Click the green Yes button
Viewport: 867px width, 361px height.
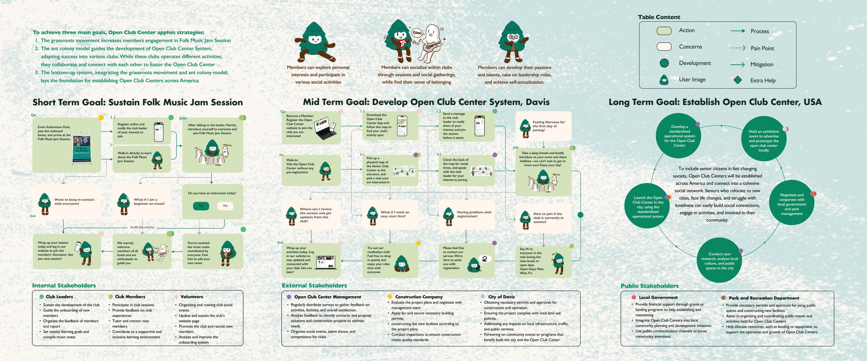pos(201,206)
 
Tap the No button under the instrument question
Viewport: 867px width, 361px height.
pos(225,206)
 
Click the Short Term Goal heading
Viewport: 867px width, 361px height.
pos(138,102)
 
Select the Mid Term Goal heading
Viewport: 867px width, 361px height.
pos(426,102)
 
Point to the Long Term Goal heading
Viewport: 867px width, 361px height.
pos(715,102)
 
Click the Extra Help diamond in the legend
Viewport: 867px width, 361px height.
pos(738,80)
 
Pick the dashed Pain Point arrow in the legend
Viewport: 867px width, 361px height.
pos(738,48)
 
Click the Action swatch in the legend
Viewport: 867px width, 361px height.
pos(664,31)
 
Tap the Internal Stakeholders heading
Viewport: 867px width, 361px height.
pos(64,285)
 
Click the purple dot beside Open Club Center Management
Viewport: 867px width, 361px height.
pos(289,297)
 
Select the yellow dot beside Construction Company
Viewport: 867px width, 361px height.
pos(390,296)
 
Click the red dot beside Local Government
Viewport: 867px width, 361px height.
pos(634,297)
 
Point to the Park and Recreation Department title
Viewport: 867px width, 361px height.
pos(764,298)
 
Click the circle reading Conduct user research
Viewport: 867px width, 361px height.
pos(719,260)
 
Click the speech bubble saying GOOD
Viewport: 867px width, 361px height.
pos(417,33)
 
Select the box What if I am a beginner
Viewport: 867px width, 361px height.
pos(142,201)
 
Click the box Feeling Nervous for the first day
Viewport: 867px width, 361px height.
pos(543,126)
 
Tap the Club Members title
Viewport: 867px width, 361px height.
pos(130,296)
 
